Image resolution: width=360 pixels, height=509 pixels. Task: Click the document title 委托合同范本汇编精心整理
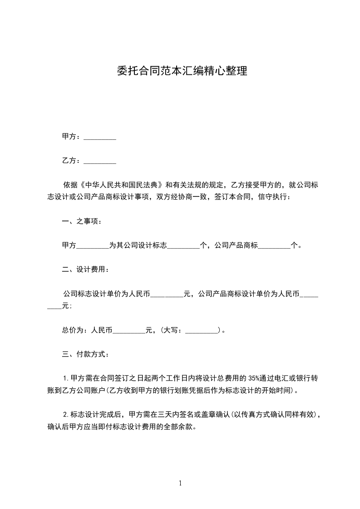pyautogui.click(x=182, y=71)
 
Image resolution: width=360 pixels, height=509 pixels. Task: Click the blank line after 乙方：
pyautogui.click(x=100, y=161)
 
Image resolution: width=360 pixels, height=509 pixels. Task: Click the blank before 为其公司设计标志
pyautogui.click(x=93, y=246)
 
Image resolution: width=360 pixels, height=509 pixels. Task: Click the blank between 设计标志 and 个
pyautogui.click(x=183, y=246)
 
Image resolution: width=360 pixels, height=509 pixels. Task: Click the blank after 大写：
pyautogui.click(x=202, y=330)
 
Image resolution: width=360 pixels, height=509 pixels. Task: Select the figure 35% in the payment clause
pyautogui.click(x=254, y=378)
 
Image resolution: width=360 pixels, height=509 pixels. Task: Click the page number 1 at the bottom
pyautogui.click(x=180, y=483)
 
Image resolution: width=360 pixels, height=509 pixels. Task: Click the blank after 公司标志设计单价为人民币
pyautogui.click(x=167, y=294)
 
